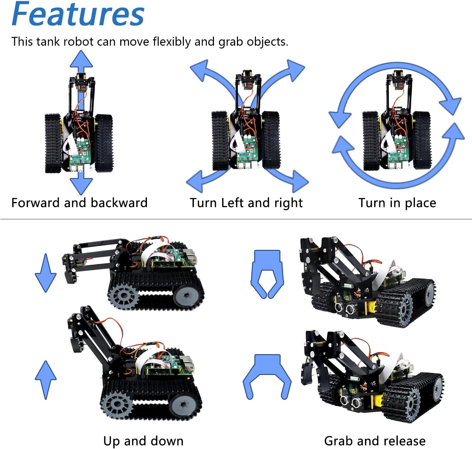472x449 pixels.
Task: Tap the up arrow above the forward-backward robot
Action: click(x=81, y=60)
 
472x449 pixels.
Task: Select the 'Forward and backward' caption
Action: click(x=79, y=203)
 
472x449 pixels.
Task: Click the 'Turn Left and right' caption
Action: click(x=246, y=203)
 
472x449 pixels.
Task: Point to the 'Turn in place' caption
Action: click(x=397, y=203)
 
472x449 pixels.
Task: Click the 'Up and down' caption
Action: click(x=143, y=440)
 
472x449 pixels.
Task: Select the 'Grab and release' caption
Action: click(x=374, y=440)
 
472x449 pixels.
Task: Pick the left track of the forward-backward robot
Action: click(x=53, y=143)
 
